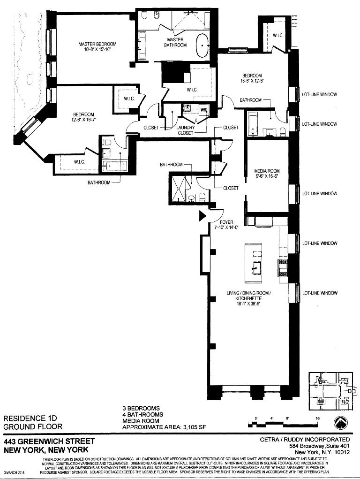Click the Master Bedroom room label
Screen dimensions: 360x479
click(x=97, y=44)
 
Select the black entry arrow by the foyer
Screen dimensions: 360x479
click(x=202, y=215)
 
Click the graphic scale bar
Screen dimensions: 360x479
click(x=284, y=424)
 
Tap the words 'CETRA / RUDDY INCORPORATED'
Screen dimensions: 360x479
click(x=305, y=440)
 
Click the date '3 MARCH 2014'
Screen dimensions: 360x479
click(x=14, y=471)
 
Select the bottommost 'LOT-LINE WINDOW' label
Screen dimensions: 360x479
click(x=320, y=293)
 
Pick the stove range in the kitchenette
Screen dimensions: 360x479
click(x=283, y=268)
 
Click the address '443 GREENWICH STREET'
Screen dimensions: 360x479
click(x=49, y=441)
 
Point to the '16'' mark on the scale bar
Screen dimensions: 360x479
click(x=317, y=418)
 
